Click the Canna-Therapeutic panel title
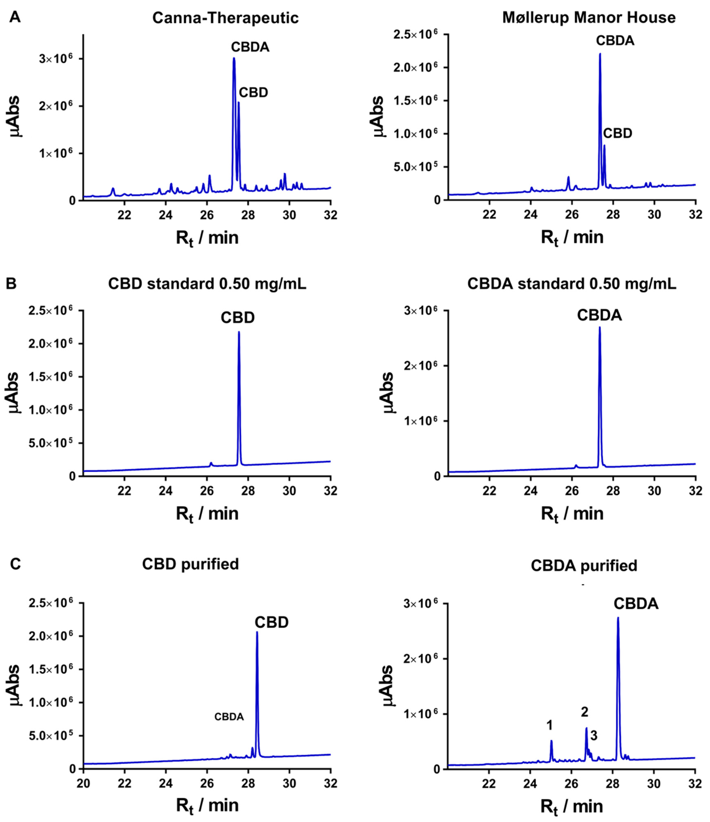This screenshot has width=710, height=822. point(225,18)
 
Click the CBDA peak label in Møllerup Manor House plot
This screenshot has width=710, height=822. point(615,40)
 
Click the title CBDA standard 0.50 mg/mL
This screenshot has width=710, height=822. point(572,285)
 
